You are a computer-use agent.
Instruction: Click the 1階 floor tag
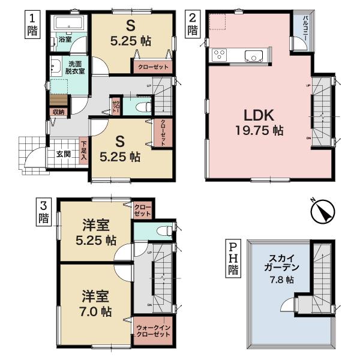(33, 25)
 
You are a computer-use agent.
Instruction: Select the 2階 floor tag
(192, 24)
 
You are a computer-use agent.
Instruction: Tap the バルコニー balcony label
(305, 28)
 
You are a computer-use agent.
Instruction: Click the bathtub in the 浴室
(71, 26)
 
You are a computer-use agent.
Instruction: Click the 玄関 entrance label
(64, 154)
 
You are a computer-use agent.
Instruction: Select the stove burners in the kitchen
(219, 55)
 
